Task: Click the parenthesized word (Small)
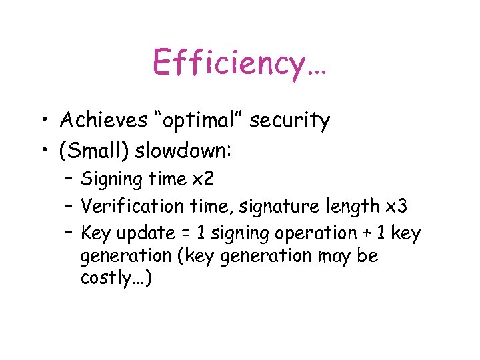click(94, 152)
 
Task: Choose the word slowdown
click(183, 151)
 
